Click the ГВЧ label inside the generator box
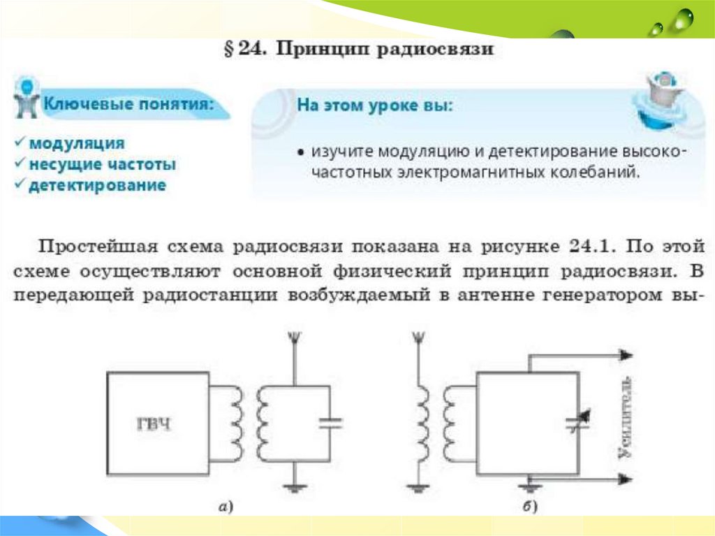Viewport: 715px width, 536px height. (x=154, y=424)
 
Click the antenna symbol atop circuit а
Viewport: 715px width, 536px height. (x=295, y=340)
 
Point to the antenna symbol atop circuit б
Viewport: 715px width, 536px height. (x=418, y=340)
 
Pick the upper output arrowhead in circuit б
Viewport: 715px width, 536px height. (x=626, y=356)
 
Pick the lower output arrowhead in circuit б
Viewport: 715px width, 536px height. (x=626, y=479)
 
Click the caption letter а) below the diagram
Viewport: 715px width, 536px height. (x=226, y=507)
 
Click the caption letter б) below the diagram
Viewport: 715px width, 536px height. (x=532, y=507)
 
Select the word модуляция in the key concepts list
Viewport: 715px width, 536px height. (x=76, y=143)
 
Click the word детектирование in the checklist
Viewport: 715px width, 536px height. (x=97, y=185)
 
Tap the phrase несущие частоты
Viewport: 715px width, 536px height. (x=102, y=164)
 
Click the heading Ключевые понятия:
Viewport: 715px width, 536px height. (x=128, y=104)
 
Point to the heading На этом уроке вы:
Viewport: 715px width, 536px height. (x=375, y=106)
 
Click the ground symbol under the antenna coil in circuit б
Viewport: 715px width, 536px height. (x=418, y=488)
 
